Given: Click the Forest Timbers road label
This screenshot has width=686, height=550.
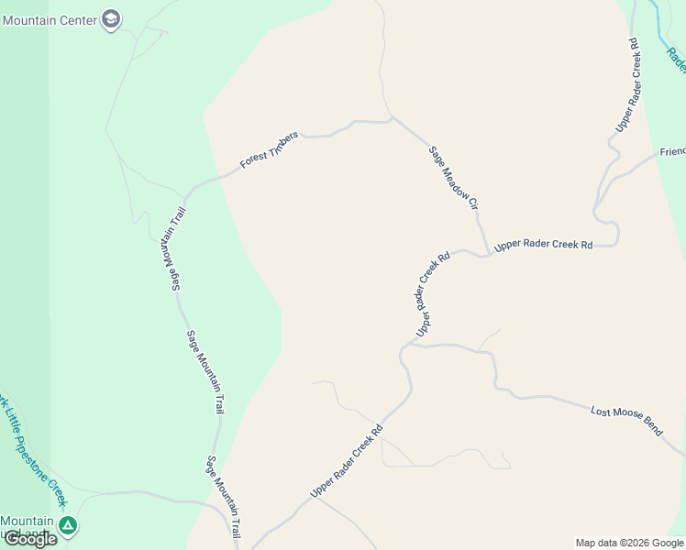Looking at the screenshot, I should pos(270,149).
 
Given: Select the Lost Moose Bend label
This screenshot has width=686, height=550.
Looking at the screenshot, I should pos(626,421).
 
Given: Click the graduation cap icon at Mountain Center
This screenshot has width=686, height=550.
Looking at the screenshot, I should pos(111,20).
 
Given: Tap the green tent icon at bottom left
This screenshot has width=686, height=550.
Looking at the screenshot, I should pos(67,526).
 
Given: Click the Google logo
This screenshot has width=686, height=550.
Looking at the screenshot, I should pos(30,539).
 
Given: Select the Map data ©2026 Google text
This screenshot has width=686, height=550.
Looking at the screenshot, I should pos(629,543).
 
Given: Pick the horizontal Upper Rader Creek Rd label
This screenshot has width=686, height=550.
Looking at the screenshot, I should pos(544,246).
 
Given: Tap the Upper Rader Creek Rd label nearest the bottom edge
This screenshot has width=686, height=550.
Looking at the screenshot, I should pos(346,461).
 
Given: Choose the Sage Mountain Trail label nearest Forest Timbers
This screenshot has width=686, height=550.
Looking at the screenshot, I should pos(170,247).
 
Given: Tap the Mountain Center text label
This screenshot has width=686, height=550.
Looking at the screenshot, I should pos(50,19).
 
